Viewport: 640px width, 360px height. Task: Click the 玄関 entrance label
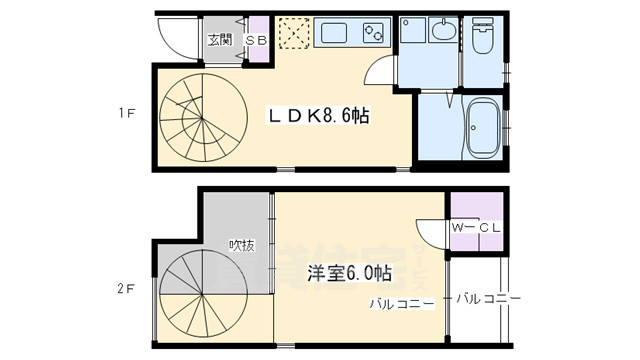tap(220, 40)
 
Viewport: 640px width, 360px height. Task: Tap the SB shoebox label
tap(255, 40)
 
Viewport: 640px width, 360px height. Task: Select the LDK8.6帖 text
tap(318, 116)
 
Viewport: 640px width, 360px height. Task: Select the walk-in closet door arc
tap(431, 232)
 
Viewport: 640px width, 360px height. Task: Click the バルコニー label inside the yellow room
tap(401, 303)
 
